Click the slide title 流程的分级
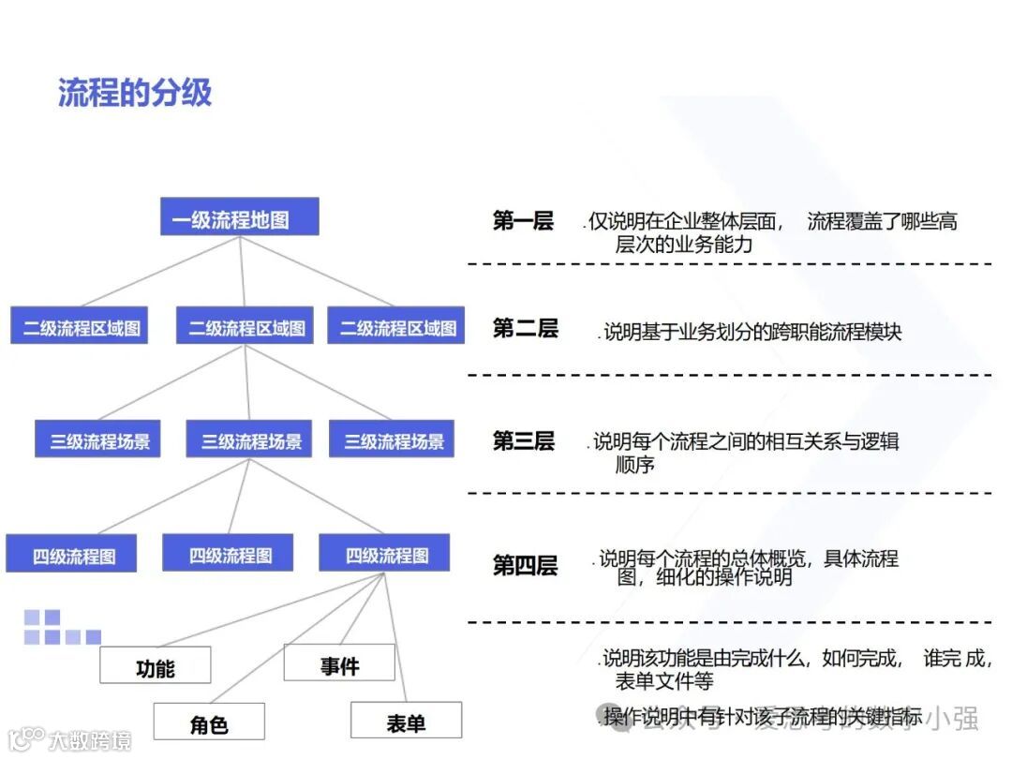point(135,93)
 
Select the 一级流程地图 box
point(239,219)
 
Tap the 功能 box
point(155,667)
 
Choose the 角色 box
point(209,723)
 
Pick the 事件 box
point(339,664)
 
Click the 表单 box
point(405,722)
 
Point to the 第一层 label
point(523,221)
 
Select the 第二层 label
point(525,328)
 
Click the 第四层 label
point(525,565)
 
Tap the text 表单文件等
point(663,680)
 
